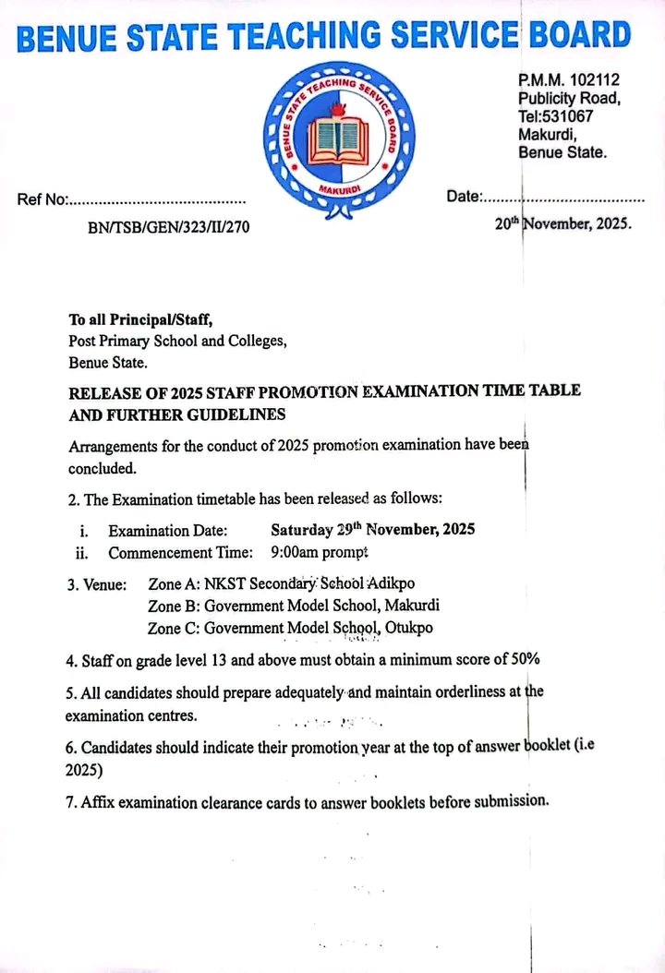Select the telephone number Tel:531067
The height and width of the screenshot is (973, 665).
555,116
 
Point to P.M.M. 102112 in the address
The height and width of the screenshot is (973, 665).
562,81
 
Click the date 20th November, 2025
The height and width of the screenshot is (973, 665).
563,223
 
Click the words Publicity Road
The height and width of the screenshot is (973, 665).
569,99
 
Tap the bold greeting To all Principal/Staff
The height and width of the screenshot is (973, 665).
140,320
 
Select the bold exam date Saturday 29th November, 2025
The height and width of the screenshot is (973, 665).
372,530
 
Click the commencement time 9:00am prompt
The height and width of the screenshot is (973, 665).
320,553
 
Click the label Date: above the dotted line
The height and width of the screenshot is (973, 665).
465,197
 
